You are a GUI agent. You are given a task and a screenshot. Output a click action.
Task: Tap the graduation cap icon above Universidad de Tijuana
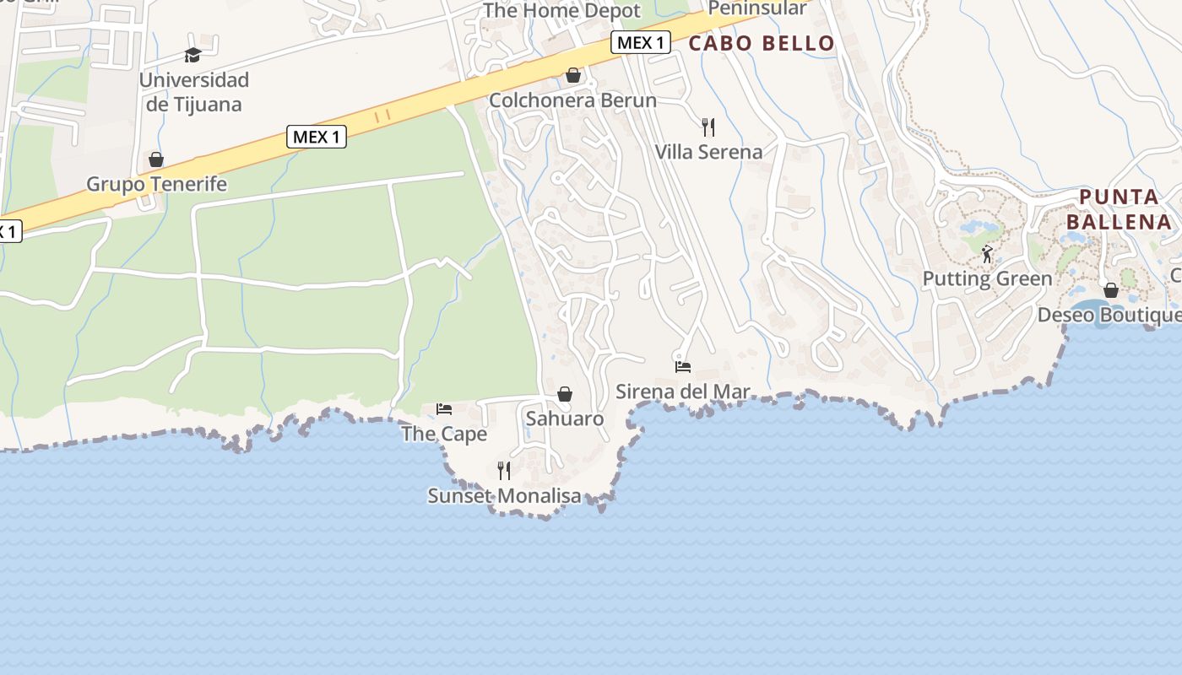[x=193, y=56]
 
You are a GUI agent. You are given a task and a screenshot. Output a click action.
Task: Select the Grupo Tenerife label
[x=157, y=184]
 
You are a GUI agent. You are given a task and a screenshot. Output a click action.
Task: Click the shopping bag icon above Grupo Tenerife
[x=156, y=159]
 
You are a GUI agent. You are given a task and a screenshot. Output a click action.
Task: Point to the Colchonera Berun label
[x=572, y=100]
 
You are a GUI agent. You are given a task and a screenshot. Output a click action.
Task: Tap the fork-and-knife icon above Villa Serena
[x=708, y=127]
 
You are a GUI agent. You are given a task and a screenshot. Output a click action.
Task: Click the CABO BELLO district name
[x=762, y=44]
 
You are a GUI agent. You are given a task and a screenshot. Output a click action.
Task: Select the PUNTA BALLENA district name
[x=1119, y=210]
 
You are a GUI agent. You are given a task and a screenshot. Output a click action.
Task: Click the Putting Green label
[x=987, y=278]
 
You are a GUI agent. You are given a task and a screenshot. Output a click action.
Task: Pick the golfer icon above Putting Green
[x=987, y=253]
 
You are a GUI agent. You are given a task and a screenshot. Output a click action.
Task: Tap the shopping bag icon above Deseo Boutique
[x=1111, y=290]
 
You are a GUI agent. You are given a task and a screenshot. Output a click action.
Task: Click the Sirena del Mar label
[x=683, y=391]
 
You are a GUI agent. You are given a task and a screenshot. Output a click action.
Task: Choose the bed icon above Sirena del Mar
[x=683, y=367]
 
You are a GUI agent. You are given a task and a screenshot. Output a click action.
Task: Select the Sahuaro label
[x=565, y=418]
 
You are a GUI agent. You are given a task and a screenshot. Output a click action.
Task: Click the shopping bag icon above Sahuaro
[x=565, y=394]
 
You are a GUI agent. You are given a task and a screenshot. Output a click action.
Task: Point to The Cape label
[x=444, y=434]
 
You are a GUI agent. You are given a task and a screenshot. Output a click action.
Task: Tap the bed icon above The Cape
[x=444, y=409]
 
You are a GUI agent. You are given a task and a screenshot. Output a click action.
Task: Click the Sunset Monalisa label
[x=504, y=495]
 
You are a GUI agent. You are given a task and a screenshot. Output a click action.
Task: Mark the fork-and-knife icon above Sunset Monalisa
[x=504, y=471]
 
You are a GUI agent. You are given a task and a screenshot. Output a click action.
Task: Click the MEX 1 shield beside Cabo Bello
[x=641, y=42]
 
